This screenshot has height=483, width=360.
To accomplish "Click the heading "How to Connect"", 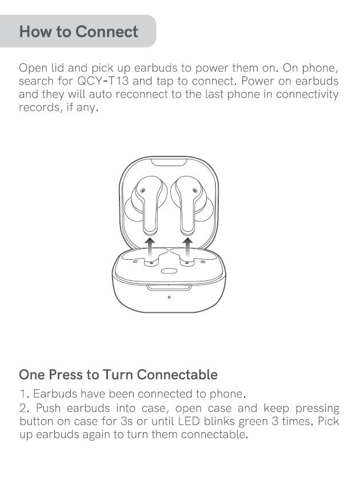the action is tap(79, 31).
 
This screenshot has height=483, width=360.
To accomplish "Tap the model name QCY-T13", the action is tap(103, 81).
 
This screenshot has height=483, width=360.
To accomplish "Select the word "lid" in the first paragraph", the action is tap(57, 68).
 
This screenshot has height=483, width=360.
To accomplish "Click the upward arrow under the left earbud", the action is tap(150, 249).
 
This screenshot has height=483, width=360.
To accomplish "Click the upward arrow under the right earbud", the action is tap(187, 249).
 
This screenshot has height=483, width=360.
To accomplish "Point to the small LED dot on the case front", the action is tap(169, 297).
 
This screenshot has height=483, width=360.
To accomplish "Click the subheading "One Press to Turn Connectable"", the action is tap(118, 375).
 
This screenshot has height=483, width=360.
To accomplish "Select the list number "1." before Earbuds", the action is tap(25, 394).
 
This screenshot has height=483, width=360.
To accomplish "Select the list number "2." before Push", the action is tap(25, 408).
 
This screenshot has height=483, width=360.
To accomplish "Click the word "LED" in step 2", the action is tap(187, 421).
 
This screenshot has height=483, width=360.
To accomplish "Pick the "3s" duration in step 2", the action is tap(126, 421).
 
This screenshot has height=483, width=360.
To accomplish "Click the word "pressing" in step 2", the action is tap(317, 409).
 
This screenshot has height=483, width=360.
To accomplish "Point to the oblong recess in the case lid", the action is tap(169, 162).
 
